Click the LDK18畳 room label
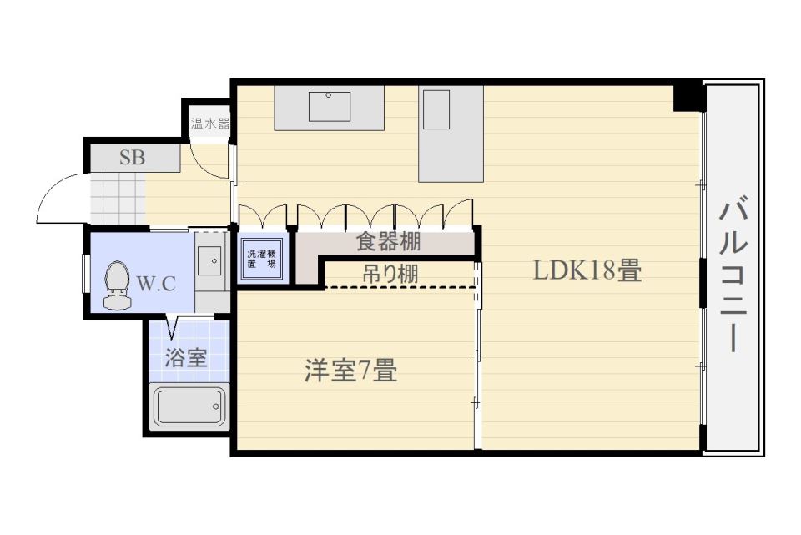click(587, 270)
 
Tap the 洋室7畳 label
click(351, 371)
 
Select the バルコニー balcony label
click(733, 276)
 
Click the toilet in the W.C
click(117, 285)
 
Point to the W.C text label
click(156, 283)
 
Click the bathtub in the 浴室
click(189, 407)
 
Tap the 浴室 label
click(185, 357)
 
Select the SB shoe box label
click(133, 158)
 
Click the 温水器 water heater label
click(210, 124)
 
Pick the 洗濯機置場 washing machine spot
click(261, 259)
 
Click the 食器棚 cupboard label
click(388, 242)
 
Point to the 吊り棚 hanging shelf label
click(390, 275)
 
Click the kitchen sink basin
click(330, 106)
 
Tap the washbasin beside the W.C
click(209, 260)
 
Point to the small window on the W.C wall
click(86, 274)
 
